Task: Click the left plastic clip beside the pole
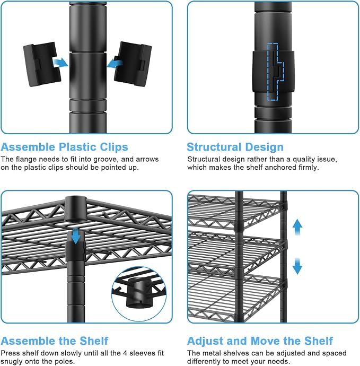point(42,64)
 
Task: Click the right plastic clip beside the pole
point(133,64)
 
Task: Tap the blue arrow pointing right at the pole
point(60,63)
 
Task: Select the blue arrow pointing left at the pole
point(115,63)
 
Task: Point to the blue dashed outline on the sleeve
point(276,72)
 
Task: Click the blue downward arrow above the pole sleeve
point(76,236)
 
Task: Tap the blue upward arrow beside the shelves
point(297,228)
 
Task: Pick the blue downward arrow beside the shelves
point(297,266)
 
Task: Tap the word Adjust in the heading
point(205,341)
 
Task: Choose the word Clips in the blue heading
point(114,147)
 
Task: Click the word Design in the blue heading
point(265,147)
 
